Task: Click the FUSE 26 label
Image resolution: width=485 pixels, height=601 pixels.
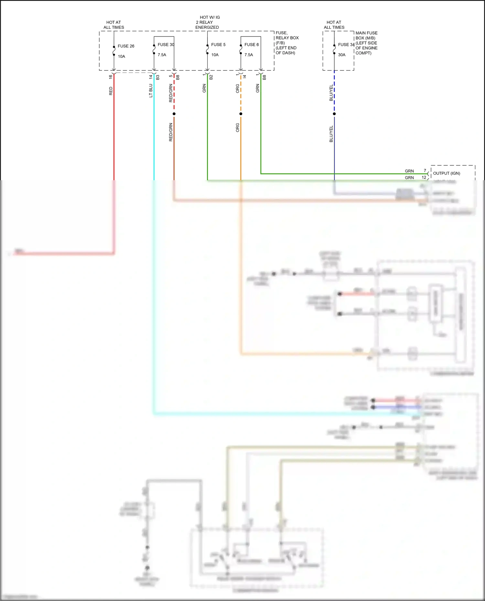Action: pyautogui.click(x=126, y=46)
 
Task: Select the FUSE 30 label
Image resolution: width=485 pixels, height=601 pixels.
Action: pyautogui.click(x=166, y=45)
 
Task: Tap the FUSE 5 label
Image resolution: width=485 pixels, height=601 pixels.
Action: pyautogui.click(x=218, y=45)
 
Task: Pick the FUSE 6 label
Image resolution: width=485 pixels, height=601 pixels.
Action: pyautogui.click(x=252, y=45)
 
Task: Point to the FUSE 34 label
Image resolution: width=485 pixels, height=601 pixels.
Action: pyautogui.click(x=346, y=45)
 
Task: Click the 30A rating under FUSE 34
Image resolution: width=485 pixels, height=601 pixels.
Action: pyautogui.click(x=342, y=55)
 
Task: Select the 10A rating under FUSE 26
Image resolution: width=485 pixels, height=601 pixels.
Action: pyautogui.click(x=121, y=57)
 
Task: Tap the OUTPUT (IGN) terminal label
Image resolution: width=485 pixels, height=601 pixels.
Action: pyautogui.click(x=447, y=173)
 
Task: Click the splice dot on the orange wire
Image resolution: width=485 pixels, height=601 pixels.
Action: pyautogui.click(x=241, y=114)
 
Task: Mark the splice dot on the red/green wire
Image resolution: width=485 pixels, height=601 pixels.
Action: pyautogui.click(x=174, y=114)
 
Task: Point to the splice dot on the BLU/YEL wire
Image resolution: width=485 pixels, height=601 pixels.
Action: pyautogui.click(x=334, y=114)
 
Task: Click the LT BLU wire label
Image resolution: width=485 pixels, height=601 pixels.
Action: pyautogui.click(x=151, y=91)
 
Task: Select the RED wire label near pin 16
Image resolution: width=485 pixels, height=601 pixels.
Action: pyautogui.click(x=111, y=91)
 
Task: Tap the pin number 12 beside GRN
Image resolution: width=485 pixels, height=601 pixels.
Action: pyautogui.click(x=424, y=177)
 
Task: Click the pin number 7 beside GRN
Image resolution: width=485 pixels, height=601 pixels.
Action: pyautogui.click(x=425, y=171)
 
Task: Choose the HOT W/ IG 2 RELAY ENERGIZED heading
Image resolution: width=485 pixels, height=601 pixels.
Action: pyautogui.click(x=208, y=22)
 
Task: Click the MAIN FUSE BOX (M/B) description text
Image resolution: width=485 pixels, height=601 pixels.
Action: pyautogui.click(x=366, y=43)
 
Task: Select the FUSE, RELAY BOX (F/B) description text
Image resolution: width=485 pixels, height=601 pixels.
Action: pyautogui.click(x=287, y=43)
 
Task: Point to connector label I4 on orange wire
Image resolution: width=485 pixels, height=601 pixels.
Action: pyautogui.click(x=244, y=77)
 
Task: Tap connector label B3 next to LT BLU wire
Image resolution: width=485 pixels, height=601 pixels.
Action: pyautogui.click(x=158, y=78)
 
